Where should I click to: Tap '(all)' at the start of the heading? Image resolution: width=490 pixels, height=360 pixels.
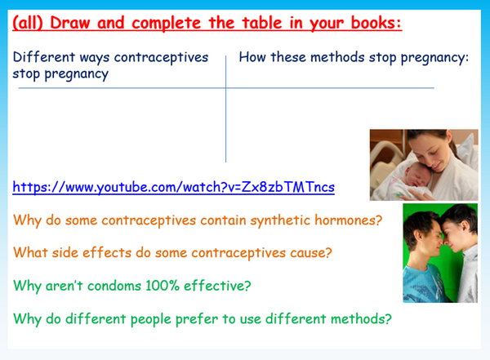point(30,23)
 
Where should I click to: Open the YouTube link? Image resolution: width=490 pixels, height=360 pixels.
point(173,188)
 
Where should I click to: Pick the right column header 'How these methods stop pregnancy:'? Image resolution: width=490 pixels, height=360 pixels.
point(354,59)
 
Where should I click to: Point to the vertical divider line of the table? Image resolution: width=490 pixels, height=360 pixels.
point(226,114)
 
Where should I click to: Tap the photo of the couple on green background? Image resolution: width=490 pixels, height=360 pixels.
point(439,252)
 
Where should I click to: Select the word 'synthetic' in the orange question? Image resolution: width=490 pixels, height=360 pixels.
point(278,220)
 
